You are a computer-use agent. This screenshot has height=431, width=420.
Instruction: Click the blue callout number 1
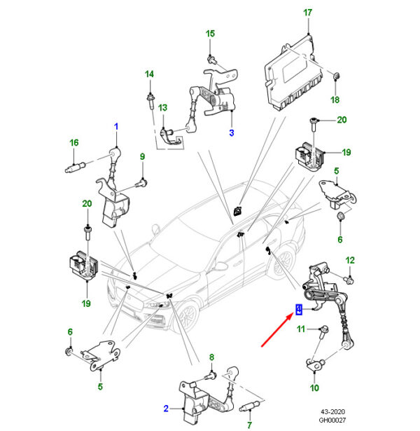pyautogui.click(x=116, y=126)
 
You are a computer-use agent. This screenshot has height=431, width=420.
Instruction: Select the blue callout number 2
pyautogui.click(x=166, y=408)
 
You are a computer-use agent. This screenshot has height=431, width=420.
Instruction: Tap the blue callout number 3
pyautogui.click(x=231, y=132)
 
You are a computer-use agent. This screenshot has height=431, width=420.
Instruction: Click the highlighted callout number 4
pyautogui.click(x=298, y=309)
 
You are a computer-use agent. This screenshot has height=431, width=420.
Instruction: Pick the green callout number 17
pyautogui.click(x=306, y=13)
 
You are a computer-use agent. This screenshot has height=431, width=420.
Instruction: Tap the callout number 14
pyautogui.click(x=149, y=74)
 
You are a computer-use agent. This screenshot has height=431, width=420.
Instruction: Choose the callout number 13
pyautogui.click(x=162, y=107)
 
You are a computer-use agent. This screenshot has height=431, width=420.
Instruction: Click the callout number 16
pyautogui.click(x=74, y=144)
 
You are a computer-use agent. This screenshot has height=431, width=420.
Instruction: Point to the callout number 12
pyautogui.click(x=350, y=259)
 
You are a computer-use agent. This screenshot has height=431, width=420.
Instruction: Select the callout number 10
pyautogui.click(x=314, y=388)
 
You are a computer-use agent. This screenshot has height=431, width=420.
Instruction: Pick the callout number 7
pyautogui.click(x=248, y=424)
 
